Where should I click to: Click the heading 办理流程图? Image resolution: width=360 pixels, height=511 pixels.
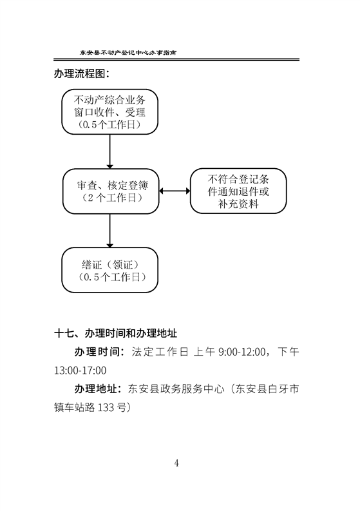[81, 73]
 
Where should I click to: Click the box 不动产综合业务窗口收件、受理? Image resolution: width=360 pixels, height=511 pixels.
[109, 111]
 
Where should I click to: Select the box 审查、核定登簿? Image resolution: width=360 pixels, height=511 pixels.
[111, 191]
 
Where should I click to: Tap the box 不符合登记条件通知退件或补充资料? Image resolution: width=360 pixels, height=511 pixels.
[238, 191]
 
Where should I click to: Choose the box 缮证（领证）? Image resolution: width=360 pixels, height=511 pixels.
[109, 270]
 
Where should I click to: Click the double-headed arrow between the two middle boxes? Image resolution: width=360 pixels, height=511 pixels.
[175, 191]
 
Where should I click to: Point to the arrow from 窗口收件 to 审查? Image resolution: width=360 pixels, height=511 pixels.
[109, 151]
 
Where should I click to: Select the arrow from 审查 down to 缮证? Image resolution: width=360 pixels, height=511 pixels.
[109, 231]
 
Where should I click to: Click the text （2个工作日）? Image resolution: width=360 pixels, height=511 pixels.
[111, 198]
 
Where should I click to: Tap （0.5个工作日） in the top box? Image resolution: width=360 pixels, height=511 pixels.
[109, 125]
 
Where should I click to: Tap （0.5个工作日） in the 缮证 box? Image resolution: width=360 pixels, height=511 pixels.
[111, 277]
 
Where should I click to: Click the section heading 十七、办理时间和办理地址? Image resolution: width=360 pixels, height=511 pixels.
[116, 333]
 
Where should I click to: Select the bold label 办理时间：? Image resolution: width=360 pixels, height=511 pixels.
[99, 352]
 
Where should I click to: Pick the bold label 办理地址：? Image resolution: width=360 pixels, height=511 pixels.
[99, 389]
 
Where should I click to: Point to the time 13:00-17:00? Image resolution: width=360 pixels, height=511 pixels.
[80, 371]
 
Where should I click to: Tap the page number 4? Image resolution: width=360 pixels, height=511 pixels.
[176, 463]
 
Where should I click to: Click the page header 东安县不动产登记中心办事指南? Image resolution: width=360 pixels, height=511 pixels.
[128, 52]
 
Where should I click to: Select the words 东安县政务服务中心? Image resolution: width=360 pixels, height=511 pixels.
[176, 389]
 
